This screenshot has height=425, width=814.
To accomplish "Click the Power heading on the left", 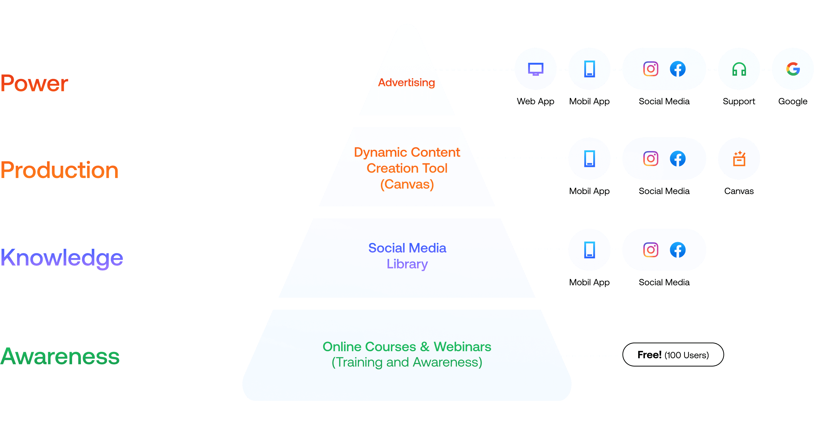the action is click(34, 83).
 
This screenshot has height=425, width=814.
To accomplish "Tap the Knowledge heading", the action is click(62, 258).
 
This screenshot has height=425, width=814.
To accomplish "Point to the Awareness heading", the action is click(60, 356).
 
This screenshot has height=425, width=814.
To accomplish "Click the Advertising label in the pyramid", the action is click(406, 83).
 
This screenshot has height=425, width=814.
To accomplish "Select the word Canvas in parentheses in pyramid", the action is click(407, 184).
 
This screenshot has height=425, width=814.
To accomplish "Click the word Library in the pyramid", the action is click(407, 264).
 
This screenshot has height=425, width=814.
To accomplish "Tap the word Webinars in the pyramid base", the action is click(462, 347).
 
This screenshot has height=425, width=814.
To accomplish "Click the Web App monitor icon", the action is click(536, 69).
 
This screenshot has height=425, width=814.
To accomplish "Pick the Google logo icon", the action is click(793, 69).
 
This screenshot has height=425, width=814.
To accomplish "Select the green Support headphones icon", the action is click(739, 69).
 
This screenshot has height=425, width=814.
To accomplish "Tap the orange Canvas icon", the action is click(739, 159).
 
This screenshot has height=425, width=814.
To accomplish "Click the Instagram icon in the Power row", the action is click(651, 69).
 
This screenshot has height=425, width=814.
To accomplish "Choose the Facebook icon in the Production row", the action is click(678, 159).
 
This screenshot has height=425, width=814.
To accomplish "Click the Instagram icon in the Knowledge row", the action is click(651, 250).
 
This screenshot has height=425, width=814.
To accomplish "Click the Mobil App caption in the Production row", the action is click(589, 191).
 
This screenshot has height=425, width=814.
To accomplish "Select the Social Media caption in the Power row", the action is click(664, 101).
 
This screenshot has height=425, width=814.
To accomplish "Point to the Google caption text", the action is click(793, 101).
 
